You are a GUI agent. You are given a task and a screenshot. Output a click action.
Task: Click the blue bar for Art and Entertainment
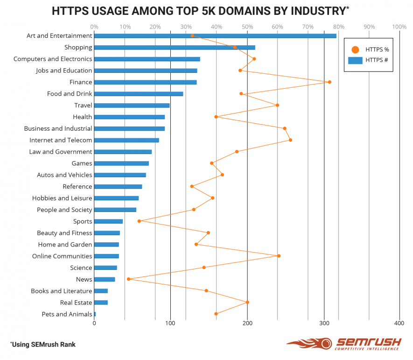point(215,36)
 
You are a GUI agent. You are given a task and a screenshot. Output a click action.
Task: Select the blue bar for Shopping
point(175,48)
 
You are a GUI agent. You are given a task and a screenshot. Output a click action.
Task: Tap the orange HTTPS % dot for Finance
point(329,82)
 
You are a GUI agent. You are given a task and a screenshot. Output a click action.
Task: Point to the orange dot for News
point(129,279)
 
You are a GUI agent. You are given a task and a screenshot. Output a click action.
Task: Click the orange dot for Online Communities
point(279,256)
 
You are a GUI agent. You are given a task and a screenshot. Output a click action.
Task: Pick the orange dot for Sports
point(139,221)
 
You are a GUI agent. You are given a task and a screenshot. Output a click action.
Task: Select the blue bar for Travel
point(132,106)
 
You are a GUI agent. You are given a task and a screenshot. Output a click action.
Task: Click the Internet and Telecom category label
point(61,140)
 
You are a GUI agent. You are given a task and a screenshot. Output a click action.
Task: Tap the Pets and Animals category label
point(67,314)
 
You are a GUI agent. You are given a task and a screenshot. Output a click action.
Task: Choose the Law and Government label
point(61,152)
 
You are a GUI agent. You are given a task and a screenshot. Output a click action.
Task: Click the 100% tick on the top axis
point(399,27)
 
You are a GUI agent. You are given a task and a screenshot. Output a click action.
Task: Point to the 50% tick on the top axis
point(247,27)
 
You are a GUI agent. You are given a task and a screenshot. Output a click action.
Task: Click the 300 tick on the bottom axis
point(324,323)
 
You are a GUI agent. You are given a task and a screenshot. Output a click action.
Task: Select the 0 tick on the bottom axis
point(94,323)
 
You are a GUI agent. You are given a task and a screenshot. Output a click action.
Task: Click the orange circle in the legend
point(356,49)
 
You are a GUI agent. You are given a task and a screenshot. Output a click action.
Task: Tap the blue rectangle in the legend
point(356,60)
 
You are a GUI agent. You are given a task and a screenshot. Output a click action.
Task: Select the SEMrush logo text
point(369,343)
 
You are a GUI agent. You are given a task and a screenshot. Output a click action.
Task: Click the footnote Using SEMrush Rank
point(43,345)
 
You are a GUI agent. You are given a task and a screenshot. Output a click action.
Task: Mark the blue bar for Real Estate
point(101,303)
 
